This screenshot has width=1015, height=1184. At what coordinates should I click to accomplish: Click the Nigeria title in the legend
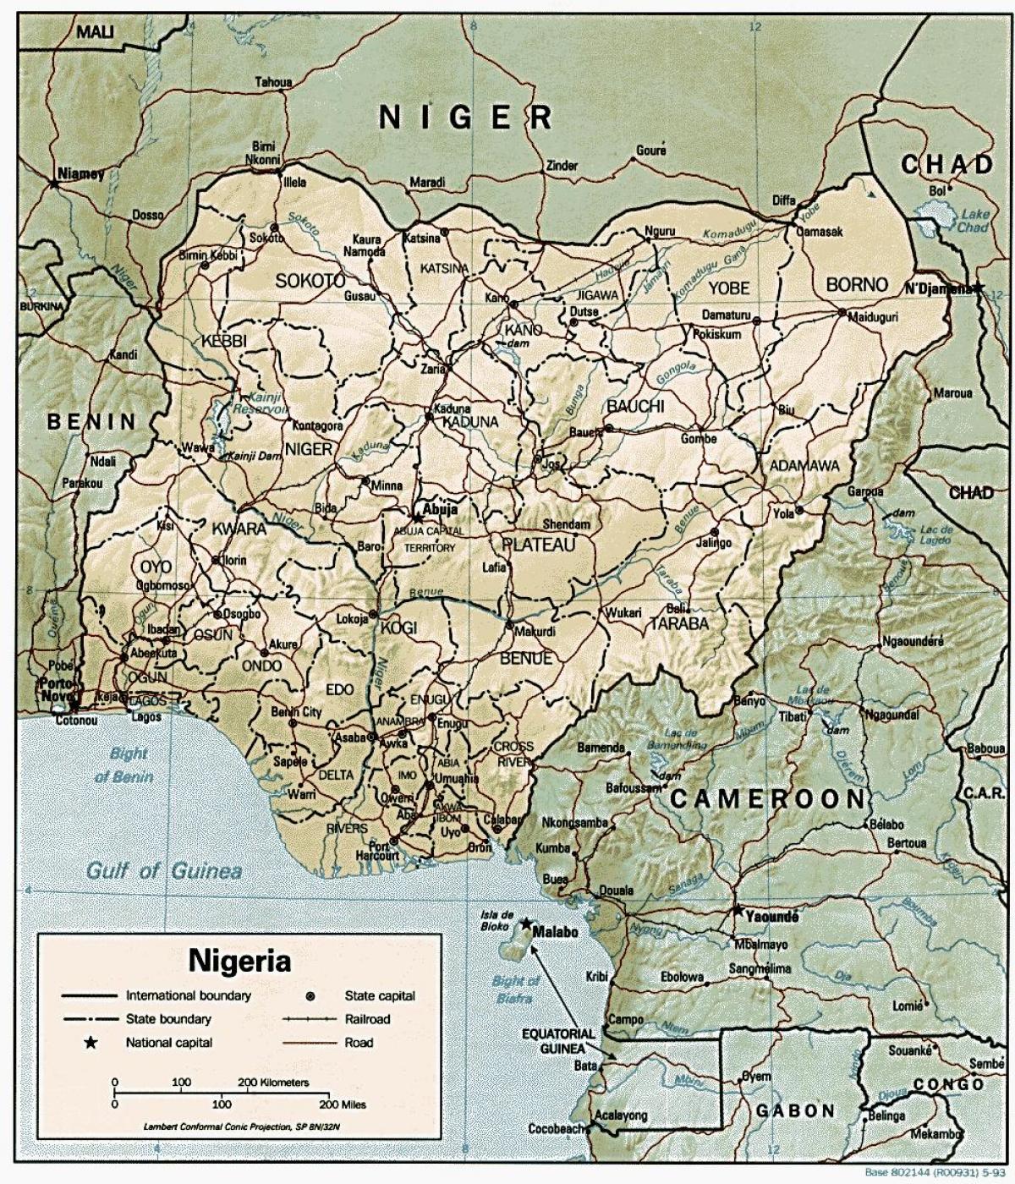coord(239,960)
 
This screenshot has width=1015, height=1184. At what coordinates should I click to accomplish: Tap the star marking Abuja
coord(417,513)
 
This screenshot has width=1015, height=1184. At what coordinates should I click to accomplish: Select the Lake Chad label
coord(973,222)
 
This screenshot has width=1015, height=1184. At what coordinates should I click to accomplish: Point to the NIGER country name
coord(466,117)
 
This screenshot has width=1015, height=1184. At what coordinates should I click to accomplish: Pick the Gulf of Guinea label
coord(165,870)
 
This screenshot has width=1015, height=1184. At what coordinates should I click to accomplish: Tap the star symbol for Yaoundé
coord(738,911)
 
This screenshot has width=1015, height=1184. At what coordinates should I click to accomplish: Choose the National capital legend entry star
coord(91,1043)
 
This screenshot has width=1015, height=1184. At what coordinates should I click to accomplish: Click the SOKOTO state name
coord(310,280)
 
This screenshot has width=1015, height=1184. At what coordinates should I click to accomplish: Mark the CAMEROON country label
coord(768,798)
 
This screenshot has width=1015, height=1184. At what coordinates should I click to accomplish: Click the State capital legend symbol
coord(310,996)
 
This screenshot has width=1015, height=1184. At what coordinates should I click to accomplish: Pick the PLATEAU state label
coord(538,545)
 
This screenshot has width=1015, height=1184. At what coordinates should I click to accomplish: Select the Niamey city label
coord(80,174)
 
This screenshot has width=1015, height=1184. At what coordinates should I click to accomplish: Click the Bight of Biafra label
coord(515,989)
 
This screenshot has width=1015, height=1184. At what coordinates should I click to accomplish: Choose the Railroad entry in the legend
coord(367,1019)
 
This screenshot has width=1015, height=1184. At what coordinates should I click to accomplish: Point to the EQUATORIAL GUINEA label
coord(558,1041)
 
